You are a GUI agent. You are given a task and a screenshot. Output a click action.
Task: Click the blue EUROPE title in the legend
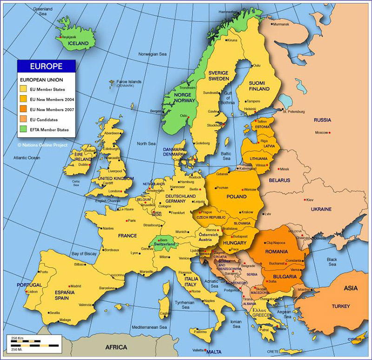(46, 66)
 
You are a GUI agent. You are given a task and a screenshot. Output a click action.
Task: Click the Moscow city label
(321, 133)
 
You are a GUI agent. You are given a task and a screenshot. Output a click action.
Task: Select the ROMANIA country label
(277, 251)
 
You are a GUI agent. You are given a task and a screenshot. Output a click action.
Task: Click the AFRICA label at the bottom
(116, 347)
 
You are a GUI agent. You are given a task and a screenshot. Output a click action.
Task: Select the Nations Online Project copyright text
(42, 145)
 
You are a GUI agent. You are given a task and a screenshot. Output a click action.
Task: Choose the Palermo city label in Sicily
(200, 332)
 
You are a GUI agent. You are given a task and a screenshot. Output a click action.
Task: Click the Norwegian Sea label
(152, 54)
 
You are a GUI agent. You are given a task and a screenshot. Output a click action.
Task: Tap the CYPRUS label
(359, 339)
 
